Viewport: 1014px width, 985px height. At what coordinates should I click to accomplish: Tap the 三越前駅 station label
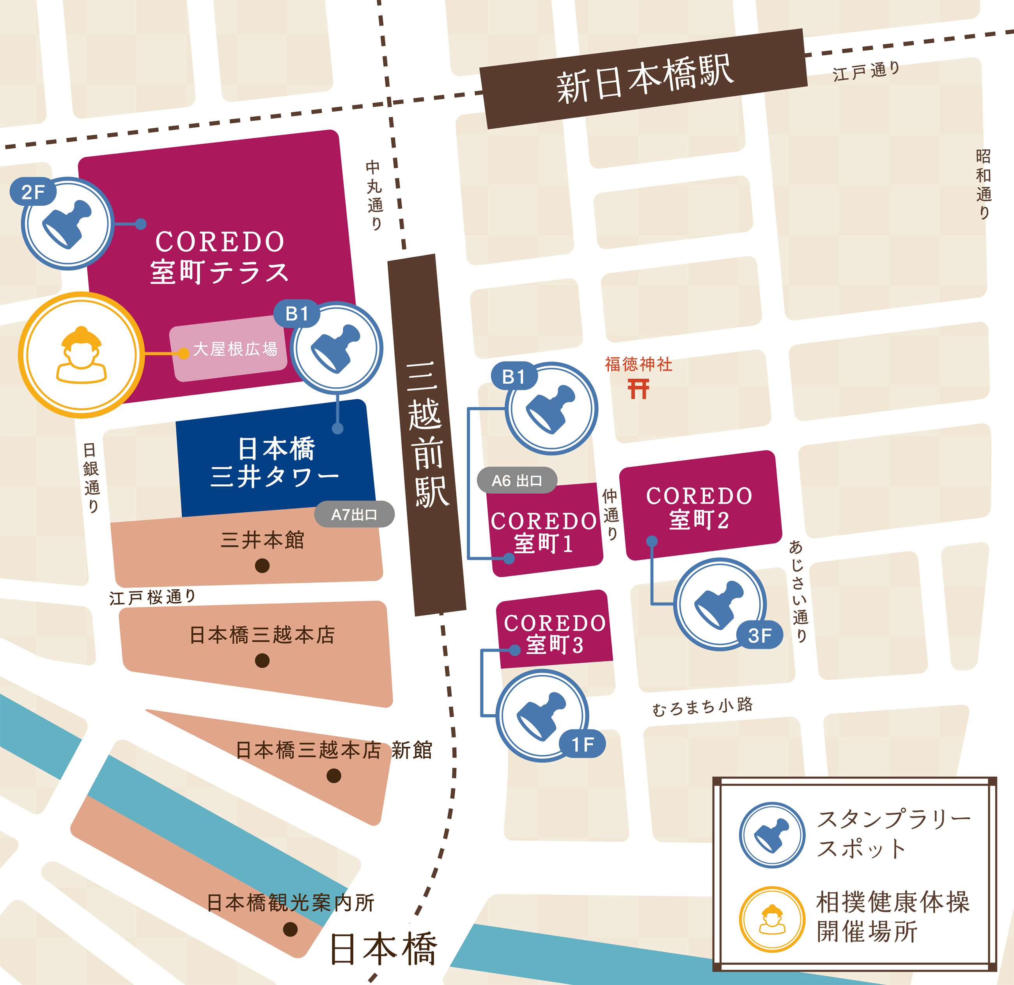pos(427,434)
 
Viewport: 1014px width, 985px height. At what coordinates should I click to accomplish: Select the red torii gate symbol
pos(638,389)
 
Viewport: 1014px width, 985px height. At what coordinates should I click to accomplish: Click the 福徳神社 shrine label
pos(639,364)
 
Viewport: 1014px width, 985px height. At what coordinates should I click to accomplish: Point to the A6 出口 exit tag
pos(517,480)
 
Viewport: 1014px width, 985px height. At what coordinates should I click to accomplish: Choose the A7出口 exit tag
pos(355,515)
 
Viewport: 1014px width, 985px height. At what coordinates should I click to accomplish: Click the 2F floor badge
pos(33,192)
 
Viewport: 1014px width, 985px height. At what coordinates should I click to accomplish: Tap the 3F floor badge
pos(759,636)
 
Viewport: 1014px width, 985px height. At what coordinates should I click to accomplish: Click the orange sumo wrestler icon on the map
pos(81,355)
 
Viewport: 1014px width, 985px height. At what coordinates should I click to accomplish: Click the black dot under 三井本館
pos(262,565)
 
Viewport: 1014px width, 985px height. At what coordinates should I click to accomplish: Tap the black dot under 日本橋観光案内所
pos(290,930)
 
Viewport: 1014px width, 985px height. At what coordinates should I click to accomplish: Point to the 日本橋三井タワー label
pos(275,462)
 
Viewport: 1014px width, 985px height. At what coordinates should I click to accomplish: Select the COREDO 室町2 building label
pos(699,507)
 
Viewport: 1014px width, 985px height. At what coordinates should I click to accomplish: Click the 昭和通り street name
pos(984,184)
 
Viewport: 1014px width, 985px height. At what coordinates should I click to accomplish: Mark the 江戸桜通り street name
pos(152,597)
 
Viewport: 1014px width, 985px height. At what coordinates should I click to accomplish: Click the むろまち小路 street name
pos(702,707)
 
